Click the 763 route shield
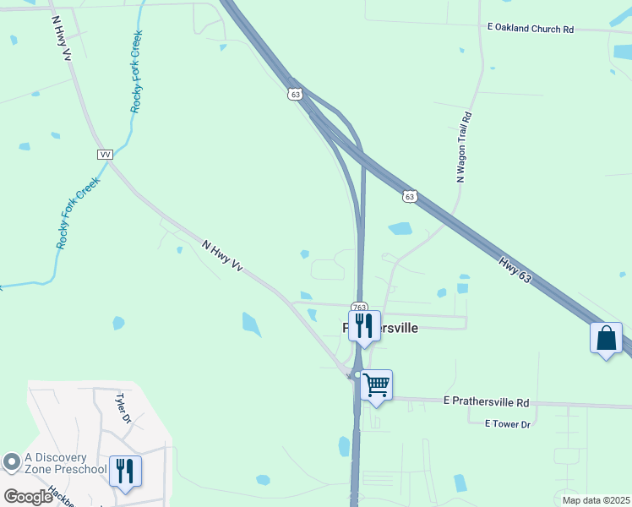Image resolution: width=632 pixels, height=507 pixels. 360,308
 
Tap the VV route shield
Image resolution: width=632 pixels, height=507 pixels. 105,155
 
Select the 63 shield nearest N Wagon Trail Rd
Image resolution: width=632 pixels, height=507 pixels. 409,196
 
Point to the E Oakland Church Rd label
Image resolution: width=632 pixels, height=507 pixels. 531,29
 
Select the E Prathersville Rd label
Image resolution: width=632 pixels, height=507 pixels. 485,403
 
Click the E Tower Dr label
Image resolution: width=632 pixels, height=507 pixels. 507,423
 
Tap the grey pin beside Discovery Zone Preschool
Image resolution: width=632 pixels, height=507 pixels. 11,462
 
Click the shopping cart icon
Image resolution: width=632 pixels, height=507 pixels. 376,385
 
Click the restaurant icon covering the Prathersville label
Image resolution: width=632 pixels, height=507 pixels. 364,325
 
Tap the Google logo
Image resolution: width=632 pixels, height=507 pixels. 27,497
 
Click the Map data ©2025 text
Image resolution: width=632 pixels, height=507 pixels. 596,500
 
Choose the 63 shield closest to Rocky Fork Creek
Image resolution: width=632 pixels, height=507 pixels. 294,95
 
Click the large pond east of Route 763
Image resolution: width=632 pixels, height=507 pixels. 400,228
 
